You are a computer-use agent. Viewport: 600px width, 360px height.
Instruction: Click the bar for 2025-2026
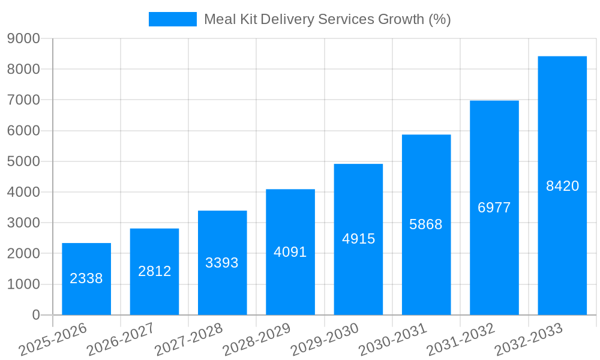pos(86,279)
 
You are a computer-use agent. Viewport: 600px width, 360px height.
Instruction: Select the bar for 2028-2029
pos(290,252)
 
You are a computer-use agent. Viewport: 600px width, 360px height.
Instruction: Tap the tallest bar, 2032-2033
pos(562,185)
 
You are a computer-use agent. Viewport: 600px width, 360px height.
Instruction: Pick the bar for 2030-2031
pos(426,224)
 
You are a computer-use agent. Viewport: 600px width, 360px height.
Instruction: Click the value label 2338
pos(86,278)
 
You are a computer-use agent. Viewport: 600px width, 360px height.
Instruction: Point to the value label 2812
pos(154,271)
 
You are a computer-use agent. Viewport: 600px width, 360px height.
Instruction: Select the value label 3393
pos(222,263)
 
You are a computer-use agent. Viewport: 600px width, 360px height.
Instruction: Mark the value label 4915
pos(358,239)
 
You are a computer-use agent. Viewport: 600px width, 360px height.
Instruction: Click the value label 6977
pos(494,208)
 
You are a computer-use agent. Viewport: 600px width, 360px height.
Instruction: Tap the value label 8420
pos(562,186)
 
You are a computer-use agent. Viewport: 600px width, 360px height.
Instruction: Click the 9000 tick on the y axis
pos(23,39)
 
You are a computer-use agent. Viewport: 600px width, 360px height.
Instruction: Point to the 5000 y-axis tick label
pos(23,161)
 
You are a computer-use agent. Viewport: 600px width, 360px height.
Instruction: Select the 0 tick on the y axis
pos(35,315)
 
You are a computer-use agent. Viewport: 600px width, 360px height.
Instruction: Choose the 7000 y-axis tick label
pos(23,100)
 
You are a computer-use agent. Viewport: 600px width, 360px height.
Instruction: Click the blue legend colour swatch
pos(173,19)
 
